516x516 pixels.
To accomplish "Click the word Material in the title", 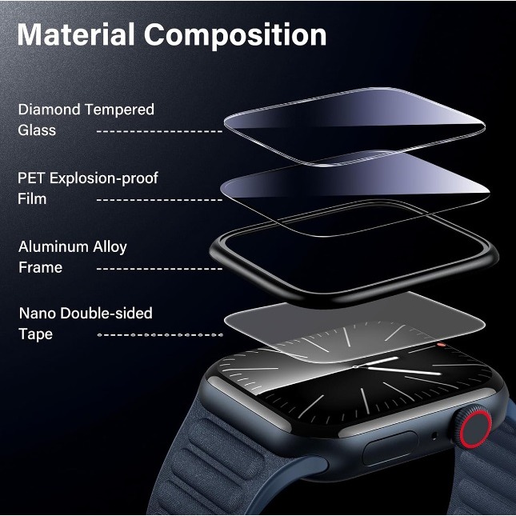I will pyautogui.click(x=76, y=36).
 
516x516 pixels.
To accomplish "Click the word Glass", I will pyautogui.click(x=37, y=130).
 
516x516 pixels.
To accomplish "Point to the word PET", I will pyautogui.click(x=31, y=178).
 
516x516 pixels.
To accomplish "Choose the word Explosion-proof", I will pyautogui.click(x=104, y=178).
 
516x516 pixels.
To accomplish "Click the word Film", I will pyautogui.click(x=32, y=198).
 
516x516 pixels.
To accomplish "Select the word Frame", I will pyautogui.click(x=40, y=267).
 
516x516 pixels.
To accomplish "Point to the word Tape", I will pyautogui.click(x=35, y=334).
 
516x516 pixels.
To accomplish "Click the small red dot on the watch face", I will pyautogui.click(x=441, y=346).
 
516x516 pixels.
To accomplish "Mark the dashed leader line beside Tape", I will pyautogui.click(x=160, y=334).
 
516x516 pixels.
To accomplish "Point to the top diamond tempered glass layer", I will pyautogui.click(x=352, y=124).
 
